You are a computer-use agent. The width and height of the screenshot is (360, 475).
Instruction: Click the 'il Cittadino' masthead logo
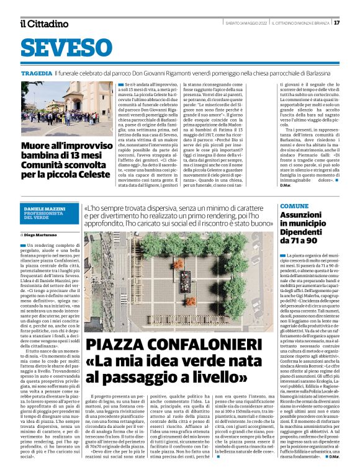click(43, 24)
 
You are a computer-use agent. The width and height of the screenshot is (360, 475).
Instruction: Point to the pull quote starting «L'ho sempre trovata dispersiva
click(179, 215)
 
